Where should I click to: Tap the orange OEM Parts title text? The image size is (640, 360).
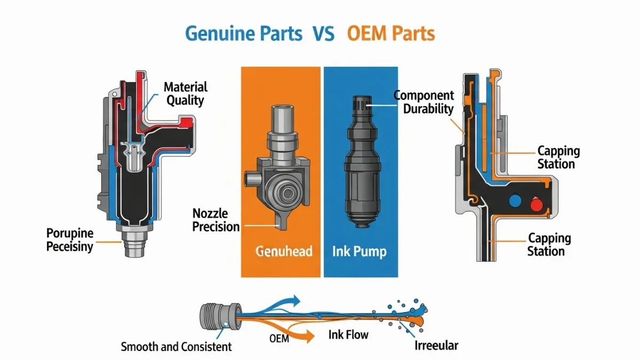click(x=390, y=34)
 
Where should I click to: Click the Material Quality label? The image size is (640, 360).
click(x=185, y=93)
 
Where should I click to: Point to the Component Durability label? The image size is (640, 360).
click(x=424, y=102)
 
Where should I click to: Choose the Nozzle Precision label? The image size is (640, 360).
click(x=216, y=220)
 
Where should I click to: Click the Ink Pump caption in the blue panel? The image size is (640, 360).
click(x=359, y=251)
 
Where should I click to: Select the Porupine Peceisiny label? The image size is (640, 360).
click(x=70, y=239)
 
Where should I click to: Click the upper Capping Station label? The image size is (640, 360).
click(x=558, y=157)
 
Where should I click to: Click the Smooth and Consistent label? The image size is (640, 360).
click(x=177, y=347)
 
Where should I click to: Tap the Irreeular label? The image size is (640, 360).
click(x=436, y=346)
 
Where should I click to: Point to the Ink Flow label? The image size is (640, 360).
click(x=348, y=335)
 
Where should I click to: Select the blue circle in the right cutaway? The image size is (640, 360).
click(x=515, y=199)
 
